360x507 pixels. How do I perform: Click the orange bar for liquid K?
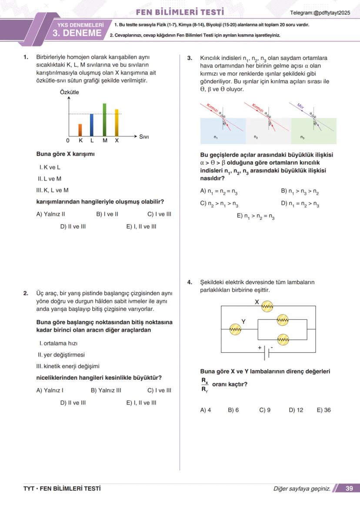click(80, 130)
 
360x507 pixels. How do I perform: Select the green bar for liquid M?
click(104, 120)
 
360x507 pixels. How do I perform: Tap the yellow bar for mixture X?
click(117, 123)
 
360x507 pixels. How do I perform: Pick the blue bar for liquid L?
click(92, 125)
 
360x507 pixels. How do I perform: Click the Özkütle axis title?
click(69, 92)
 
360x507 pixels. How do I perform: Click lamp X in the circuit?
click(267, 307)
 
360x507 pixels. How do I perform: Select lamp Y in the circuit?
click(235, 330)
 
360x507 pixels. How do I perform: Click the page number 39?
click(349, 488)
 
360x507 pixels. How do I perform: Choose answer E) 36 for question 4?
click(323, 410)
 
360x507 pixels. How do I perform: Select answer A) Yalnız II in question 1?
click(51, 214)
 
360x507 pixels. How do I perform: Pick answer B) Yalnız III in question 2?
click(106, 390)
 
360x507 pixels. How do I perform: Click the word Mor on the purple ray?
click(300, 106)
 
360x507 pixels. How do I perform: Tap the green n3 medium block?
click(313, 132)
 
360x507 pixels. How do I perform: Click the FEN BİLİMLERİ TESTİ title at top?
click(180, 12)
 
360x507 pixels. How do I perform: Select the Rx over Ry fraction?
click(204, 384)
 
